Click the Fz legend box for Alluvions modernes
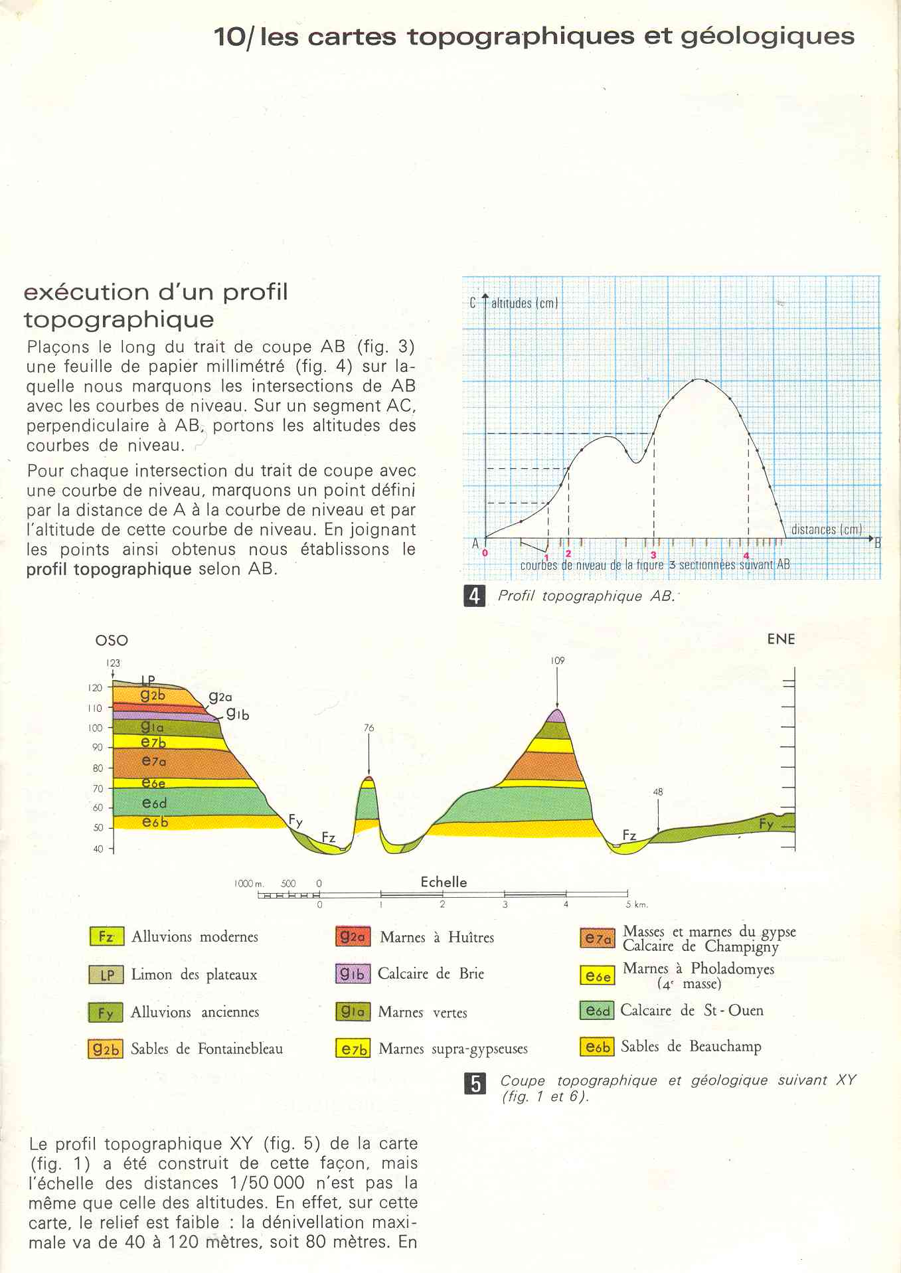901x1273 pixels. click(106, 936)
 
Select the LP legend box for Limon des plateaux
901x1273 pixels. click(106, 975)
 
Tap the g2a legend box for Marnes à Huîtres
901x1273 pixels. click(353, 937)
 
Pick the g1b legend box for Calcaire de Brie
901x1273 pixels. click(353, 974)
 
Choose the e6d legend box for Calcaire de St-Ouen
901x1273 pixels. click(597, 1011)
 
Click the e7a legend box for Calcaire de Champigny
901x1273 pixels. click(597, 938)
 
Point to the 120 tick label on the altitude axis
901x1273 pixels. click(95, 688)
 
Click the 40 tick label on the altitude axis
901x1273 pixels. click(98, 849)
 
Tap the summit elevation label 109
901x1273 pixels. click(557, 661)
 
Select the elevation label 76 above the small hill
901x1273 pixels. click(369, 728)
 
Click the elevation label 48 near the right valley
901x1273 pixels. click(657, 792)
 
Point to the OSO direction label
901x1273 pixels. click(112, 640)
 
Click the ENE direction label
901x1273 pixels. click(781, 639)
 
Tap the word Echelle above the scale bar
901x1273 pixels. click(444, 882)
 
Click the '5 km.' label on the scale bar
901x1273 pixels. click(636, 904)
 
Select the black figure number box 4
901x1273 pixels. click(474, 596)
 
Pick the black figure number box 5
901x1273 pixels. click(476, 1084)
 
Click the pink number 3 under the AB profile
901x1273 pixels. click(653, 554)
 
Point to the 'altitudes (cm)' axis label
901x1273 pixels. click(525, 303)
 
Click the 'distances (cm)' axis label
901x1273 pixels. click(827, 529)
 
